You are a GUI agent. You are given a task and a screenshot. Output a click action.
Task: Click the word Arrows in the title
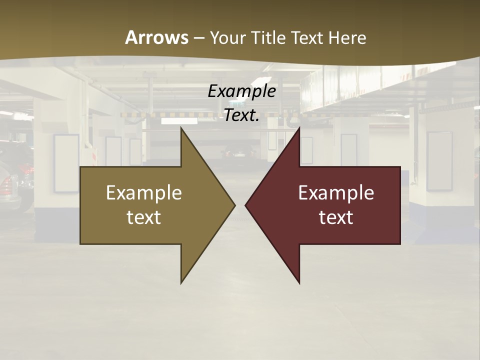156,37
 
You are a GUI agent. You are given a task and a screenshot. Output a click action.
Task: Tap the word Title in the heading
268,38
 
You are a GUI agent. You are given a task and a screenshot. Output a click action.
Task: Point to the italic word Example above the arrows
241,91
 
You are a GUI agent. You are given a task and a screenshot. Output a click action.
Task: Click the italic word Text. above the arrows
241,115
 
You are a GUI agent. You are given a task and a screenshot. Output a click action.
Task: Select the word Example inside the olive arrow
143,193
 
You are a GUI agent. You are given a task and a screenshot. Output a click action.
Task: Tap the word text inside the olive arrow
143,217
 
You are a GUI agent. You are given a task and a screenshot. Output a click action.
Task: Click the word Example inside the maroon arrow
336,193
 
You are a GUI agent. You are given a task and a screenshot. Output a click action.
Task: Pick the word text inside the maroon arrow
336,217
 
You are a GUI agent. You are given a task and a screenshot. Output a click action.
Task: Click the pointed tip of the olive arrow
234,205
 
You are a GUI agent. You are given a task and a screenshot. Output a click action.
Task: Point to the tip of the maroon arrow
246,205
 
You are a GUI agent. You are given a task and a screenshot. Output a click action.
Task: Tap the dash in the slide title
199,38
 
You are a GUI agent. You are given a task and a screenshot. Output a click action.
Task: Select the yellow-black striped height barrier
150,114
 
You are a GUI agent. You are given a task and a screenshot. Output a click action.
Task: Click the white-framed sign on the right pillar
439,161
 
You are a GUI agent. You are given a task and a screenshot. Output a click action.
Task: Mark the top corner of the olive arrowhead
181,128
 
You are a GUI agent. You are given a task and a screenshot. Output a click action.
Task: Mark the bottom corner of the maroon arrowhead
299,283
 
